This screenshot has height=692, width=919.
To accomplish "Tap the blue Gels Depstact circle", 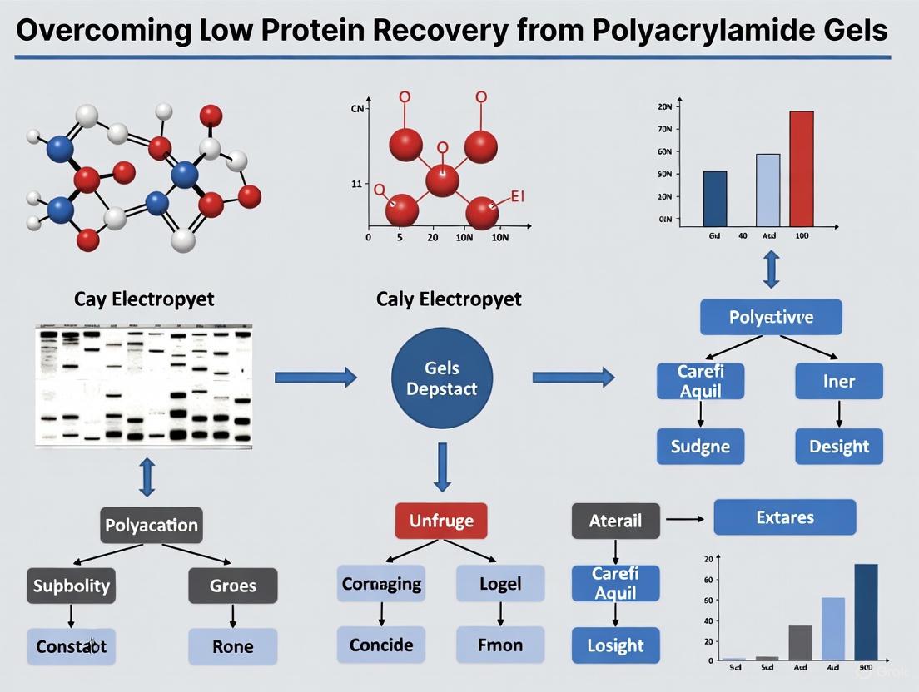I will pyautogui.click(x=442, y=378).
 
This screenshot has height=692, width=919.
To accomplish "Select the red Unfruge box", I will pyautogui.click(x=441, y=521).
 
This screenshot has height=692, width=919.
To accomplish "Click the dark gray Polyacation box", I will pyautogui.click(x=152, y=525).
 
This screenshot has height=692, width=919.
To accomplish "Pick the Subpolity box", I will pyautogui.click(x=71, y=585).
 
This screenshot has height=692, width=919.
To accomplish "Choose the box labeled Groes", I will pyautogui.click(x=232, y=585).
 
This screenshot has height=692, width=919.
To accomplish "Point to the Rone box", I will pyautogui.click(x=232, y=646).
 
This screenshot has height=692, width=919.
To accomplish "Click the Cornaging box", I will pyautogui.click(x=381, y=583).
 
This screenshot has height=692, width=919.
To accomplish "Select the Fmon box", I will pyautogui.click(x=500, y=645).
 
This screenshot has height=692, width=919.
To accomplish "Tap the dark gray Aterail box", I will pyautogui.click(x=615, y=521).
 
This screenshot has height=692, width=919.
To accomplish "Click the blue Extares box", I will pyautogui.click(x=784, y=517).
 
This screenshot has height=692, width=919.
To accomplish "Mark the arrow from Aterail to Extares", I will pyautogui.click(x=685, y=520).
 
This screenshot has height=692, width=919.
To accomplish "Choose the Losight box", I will pyautogui.click(x=615, y=645).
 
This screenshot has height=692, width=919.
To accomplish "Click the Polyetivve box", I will pyautogui.click(x=771, y=317).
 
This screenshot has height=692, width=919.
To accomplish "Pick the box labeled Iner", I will pyautogui.click(x=839, y=382).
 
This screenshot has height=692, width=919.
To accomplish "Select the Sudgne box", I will pyautogui.click(x=700, y=447).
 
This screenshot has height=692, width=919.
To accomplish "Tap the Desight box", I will pyautogui.click(x=839, y=447).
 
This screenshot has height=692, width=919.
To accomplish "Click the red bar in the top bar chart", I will pyautogui.click(x=801, y=168).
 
